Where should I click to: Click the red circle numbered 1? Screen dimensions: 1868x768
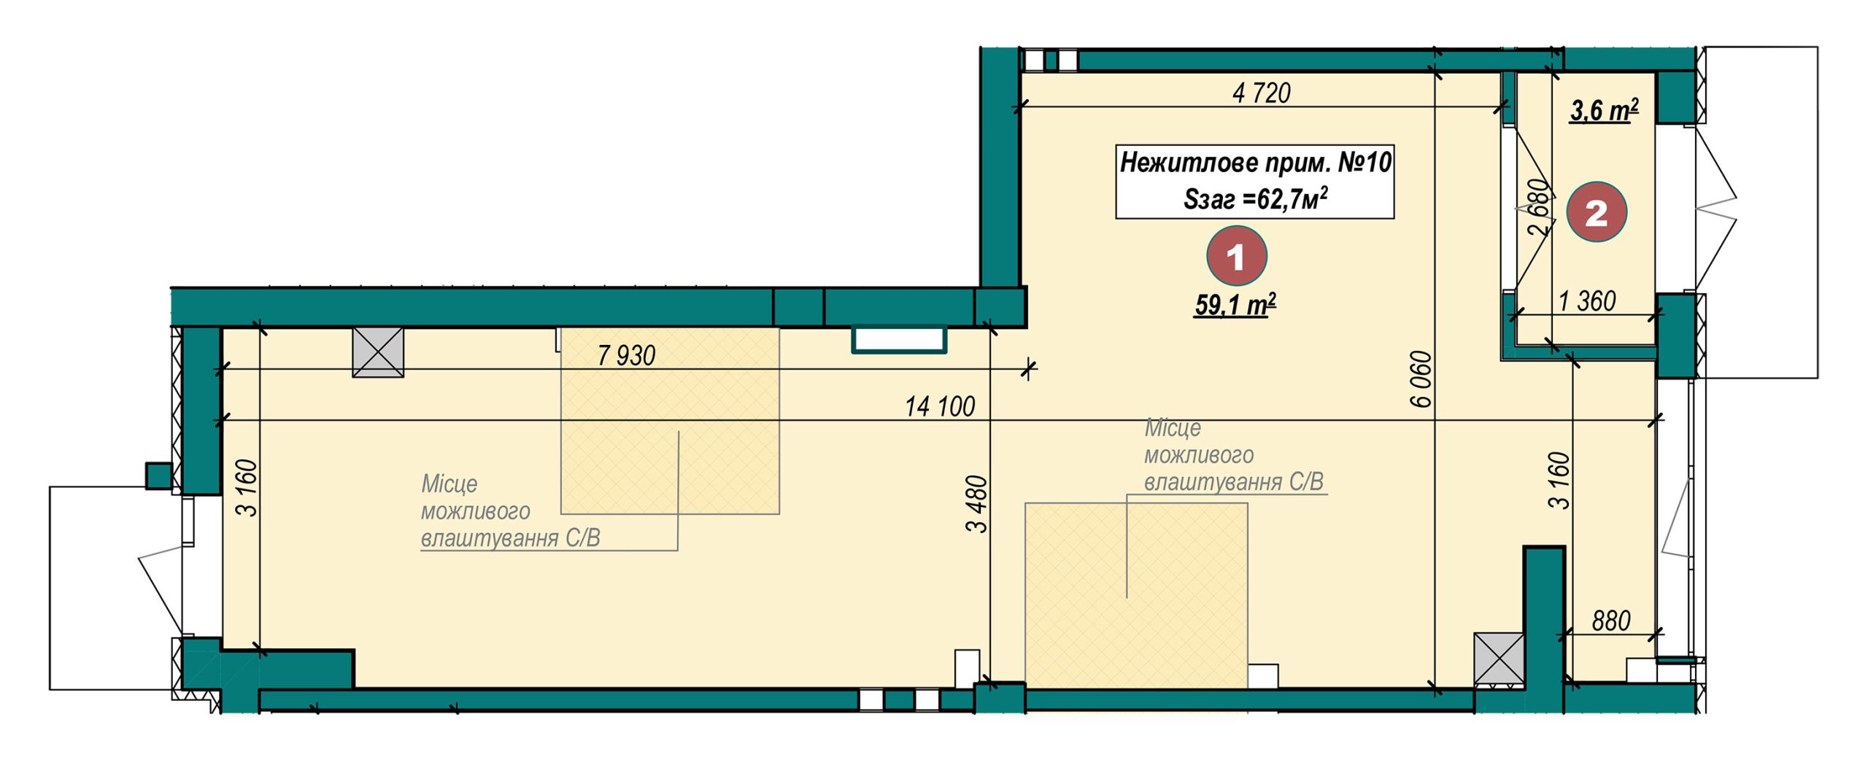(1236, 256)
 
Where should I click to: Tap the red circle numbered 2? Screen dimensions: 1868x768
(1597, 212)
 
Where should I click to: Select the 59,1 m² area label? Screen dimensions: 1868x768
(1235, 305)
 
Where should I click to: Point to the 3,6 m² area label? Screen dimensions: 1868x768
(1604, 110)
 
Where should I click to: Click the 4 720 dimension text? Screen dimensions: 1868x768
(1262, 93)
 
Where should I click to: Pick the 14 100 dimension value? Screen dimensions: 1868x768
(940, 406)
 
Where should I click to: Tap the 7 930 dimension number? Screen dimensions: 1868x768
(626, 355)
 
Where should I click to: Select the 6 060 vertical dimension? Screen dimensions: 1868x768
(1421, 379)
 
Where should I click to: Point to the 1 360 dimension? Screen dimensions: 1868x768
(1587, 300)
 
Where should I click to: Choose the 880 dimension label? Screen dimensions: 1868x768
(1611, 621)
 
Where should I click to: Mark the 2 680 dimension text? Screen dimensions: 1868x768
(1537, 207)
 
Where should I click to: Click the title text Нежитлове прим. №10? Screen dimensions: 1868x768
(1256, 162)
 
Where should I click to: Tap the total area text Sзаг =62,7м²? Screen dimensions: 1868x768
(1255, 198)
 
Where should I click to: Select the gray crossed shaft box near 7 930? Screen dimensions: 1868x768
(378, 352)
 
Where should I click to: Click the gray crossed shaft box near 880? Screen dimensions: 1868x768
(1499, 659)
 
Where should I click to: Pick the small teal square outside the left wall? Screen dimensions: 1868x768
(158, 476)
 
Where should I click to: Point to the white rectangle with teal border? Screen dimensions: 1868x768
(899, 339)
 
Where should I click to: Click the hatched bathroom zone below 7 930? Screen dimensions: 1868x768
(670, 421)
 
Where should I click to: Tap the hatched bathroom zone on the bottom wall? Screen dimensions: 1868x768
(1136, 595)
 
